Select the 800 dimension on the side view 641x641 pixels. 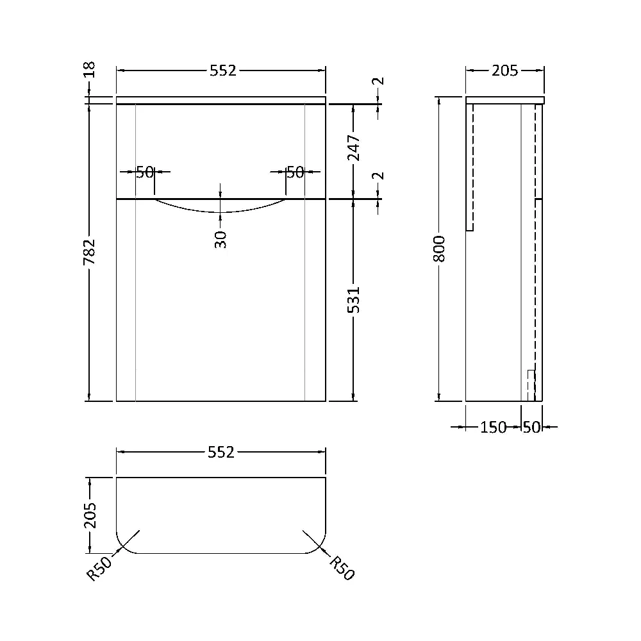pyautogui.click(x=439, y=249)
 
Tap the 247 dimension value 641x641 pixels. pyautogui.click(x=354, y=148)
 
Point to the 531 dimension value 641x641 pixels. pyautogui.click(x=354, y=300)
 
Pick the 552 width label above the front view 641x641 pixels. pyautogui.click(x=222, y=71)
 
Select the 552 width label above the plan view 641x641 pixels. pyautogui.click(x=222, y=453)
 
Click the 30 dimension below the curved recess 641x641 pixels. pyautogui.click(x=221, y=239)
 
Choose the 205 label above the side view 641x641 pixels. pyautogui.click(x=504, y=71)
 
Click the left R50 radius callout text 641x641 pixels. pyautogui.click(x=100, y=568)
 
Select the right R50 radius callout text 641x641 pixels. pyautogui.click(x=342, y=568)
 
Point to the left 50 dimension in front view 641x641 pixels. pyautogui.click(x=145, y=172)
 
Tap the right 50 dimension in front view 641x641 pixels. pyautogui.click(x=294, y=172)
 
